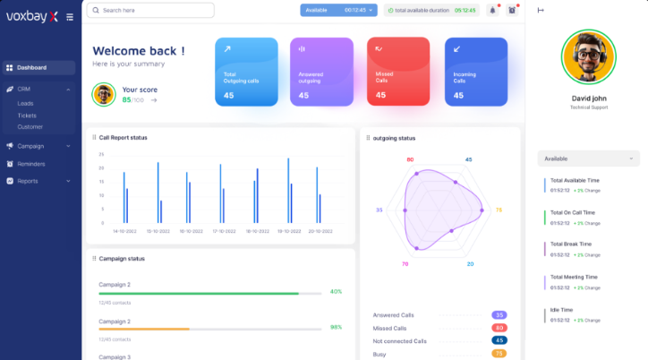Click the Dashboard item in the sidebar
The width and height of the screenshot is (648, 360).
click(32, 67)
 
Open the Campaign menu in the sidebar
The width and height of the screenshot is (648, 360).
click(30, 146)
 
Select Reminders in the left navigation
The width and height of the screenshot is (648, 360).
click(31, 164)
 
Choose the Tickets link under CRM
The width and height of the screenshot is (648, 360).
click(27, 116)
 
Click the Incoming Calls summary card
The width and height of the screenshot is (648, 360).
click(475, 72)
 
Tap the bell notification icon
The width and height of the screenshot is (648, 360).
click(492, 11)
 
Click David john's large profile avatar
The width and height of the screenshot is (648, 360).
click(587, 56)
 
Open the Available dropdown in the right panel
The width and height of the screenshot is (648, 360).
click(587, 159)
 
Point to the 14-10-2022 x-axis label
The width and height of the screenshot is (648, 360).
click(124, 231)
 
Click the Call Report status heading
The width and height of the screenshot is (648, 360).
click(123, 137)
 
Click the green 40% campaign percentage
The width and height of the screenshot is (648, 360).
click(336, 291)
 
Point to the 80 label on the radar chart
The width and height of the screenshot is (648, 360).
click(410, 159)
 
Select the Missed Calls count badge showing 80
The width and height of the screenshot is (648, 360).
click(499, 328)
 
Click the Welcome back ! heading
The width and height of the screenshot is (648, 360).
click(139, 51)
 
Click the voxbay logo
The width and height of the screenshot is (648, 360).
click(31, 15)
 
